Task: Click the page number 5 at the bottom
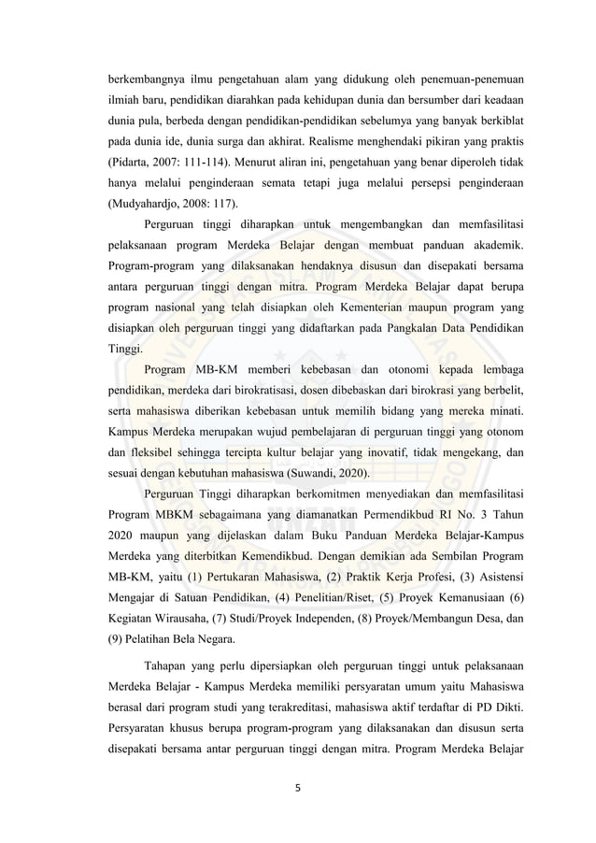298,786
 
